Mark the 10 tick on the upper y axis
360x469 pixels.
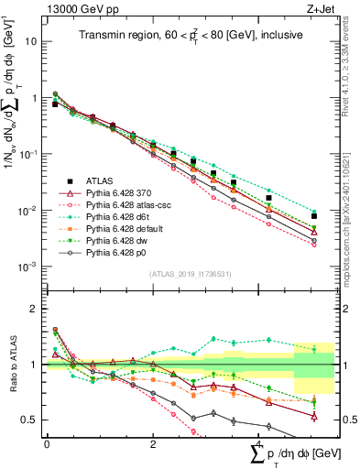(33, 41)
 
